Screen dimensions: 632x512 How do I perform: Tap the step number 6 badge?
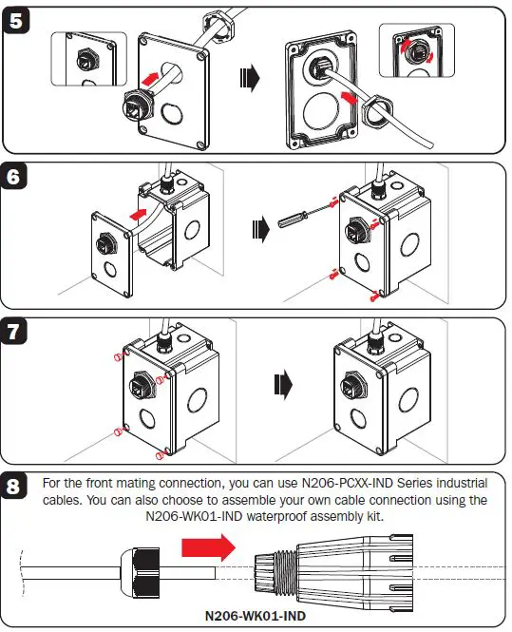(19, 178)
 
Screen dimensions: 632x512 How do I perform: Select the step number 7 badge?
(19, 334)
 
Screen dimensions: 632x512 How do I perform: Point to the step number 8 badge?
(19, 488)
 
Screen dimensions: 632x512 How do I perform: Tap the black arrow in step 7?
(282, 384)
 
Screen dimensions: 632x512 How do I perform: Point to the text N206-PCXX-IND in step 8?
(336, 484)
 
